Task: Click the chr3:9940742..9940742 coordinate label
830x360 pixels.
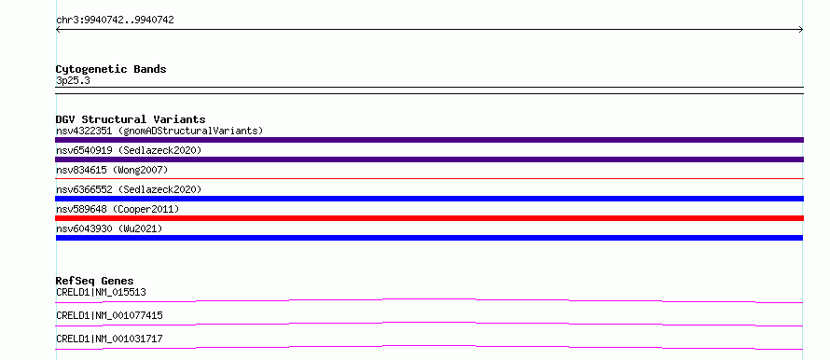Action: tap(115, 21)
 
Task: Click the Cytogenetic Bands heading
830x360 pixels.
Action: tap(111, 69)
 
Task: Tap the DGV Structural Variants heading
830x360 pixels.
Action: tap(131, 119)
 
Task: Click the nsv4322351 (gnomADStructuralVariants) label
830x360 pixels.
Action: tap(159, 131)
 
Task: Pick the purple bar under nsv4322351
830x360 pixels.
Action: tap(429, 140)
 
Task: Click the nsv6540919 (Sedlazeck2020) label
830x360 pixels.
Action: tap(129, 150)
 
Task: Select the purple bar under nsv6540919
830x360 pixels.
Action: tap(429, 159)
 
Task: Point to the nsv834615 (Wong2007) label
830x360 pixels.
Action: tap(112, 170)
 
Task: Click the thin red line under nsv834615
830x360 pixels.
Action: tap(429, 178)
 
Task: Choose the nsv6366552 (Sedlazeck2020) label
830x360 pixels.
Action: tap(129, 189)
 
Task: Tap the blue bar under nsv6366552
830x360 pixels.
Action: tap(429, 199)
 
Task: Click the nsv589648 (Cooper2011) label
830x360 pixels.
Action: tap(118, 209)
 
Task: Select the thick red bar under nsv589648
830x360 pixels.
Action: tap(429, 218)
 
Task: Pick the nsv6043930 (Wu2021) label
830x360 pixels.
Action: tap(109, 228)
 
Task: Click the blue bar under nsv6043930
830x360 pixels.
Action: tap(429, 238)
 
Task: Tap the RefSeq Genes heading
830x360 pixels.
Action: tap(95, 281)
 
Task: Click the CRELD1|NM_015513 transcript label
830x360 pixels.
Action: tap(101, 292)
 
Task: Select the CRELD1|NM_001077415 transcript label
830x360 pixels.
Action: tap(109, 315)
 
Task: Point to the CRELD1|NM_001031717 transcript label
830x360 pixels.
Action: tap(109, 339)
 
